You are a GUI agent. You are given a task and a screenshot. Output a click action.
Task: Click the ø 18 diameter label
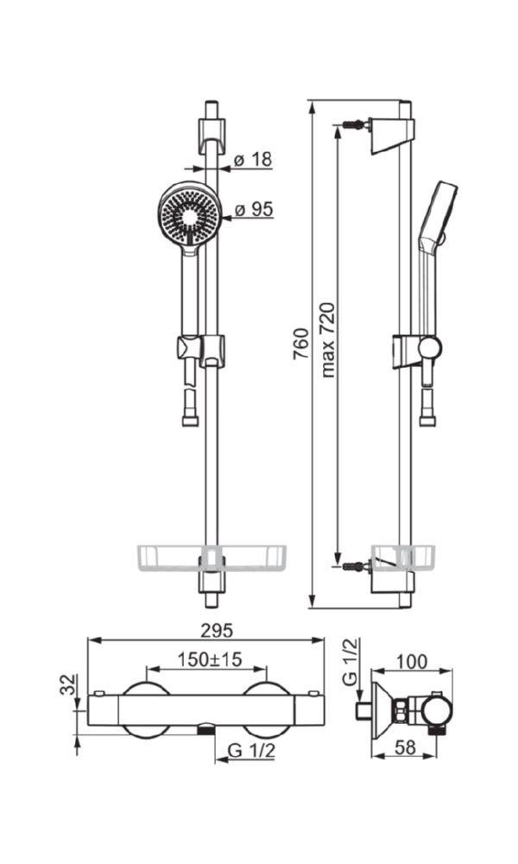pyautogui.click(x=253, y=159)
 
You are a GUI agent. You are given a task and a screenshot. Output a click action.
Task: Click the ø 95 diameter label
pyautogui.click(x=254, y=209)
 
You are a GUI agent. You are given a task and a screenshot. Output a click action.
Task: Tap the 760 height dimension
pyautogui.click(x=300, y=345)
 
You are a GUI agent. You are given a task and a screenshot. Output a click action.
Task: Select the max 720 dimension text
pyautogui.click(x=327, y=340)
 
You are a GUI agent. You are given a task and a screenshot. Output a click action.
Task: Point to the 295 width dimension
pyautogui.click(x=217, y=631)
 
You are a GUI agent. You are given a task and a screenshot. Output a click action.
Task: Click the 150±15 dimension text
pyautogui.click(x=210, y=659)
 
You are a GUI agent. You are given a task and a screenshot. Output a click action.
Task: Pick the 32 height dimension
pyautogui.click(x=68, y=684)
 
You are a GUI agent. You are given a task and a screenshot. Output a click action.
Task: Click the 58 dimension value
pyautogui.click(x=405, y=747)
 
